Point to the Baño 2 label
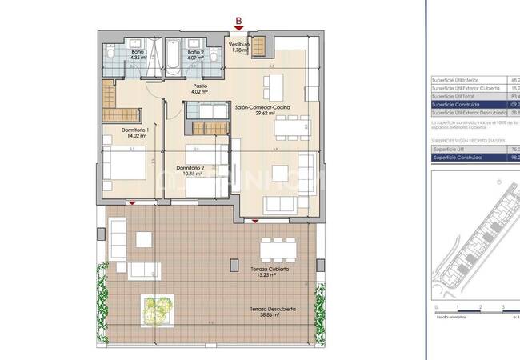pyautogui.click(x=196, y=53)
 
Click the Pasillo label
pyautogui.click(x=200, y=85)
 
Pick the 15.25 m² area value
pyautogui.click(x=268, y=276)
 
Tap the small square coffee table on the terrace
pyautogui.click(x=145, y=240)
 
